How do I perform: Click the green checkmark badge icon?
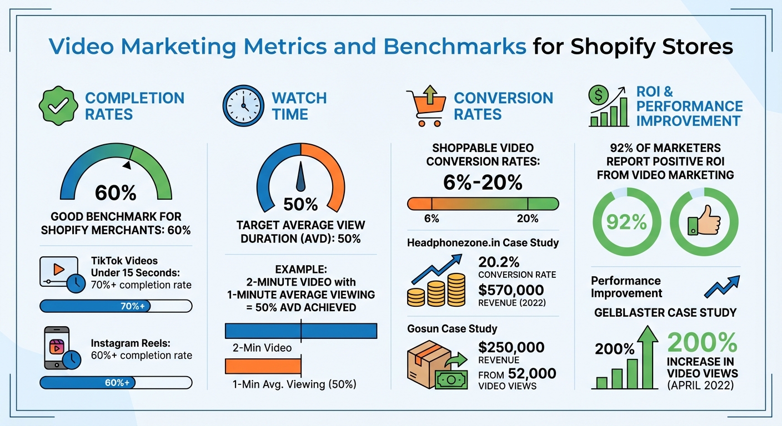click(x=56, y=105)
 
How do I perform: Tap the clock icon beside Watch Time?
click(x=243, y=105)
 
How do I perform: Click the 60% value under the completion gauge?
click(x=116, y=192)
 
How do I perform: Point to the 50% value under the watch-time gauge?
click(x=300, y=204)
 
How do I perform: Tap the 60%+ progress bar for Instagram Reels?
click(x=116, y=382)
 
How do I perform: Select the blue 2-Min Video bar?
click(x=300, y=331)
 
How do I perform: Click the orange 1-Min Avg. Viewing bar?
click(x=263, y=366)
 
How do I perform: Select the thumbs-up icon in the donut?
click(x=704, y=222)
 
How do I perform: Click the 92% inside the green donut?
click(x=626, y=222)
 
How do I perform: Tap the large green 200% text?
click(x=702, y=343)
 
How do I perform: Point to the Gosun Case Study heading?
click(x=452, y=329)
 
